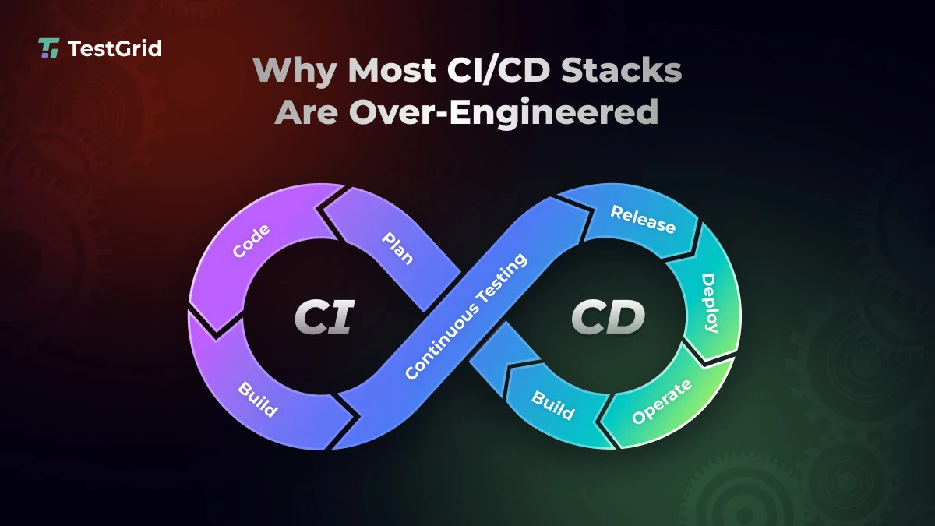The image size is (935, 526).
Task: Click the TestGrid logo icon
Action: click(x=49, y=48)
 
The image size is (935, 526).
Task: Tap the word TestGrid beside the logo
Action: click(x=115, y=48)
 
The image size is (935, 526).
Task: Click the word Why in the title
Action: click(x=295, y=71)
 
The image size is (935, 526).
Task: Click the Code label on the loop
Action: click(x=252, y=241)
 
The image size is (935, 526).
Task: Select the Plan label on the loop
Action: click(x=397, y=247)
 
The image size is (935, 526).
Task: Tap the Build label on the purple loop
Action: click(x=258, y=397)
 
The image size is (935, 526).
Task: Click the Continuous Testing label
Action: click(x=466, y=316)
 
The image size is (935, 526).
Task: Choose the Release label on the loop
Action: click(x=643, y=219)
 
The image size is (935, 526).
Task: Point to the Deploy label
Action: click(x=709, y=302)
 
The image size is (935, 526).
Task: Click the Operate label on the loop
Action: click(x=661, y=401)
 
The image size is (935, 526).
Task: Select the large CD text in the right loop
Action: click(x=608, y=318)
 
